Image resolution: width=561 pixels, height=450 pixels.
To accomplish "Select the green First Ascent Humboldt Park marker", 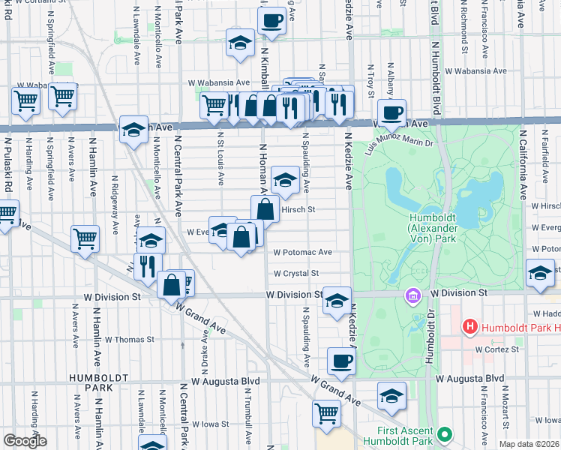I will pos(444,434).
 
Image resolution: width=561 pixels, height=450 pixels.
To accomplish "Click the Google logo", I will pos(25,441).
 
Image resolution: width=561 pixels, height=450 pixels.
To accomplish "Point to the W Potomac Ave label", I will pos(302,253).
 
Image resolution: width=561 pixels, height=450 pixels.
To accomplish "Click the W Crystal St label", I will pos(296,274).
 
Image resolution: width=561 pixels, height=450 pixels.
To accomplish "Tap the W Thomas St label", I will pos(129,339).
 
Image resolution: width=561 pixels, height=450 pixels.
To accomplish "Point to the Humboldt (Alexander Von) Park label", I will pos(429,228).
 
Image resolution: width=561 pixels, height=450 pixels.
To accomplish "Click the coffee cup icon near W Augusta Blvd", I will pos(341,361).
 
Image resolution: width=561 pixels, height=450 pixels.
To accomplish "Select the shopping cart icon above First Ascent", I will pos(327,413).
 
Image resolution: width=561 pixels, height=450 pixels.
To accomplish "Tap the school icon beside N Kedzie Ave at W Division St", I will pos(337,301).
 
